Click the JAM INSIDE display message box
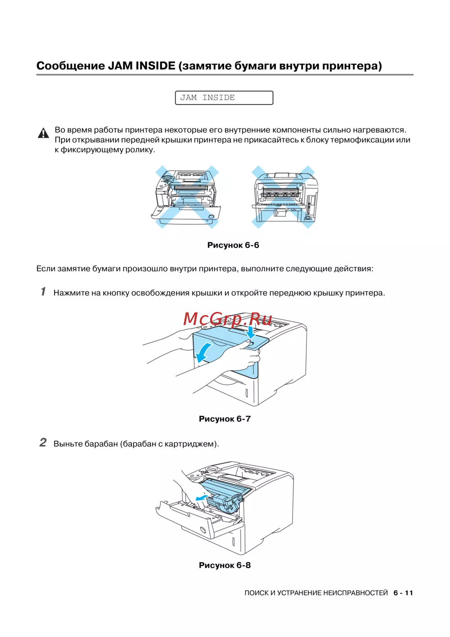pos(224,98)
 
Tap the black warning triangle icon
pos(43,133)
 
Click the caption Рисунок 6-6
pos(233,245)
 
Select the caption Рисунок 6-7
pos(225,419)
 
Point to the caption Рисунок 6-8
pos(225,565)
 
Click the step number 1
pos(43,292)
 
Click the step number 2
pos(43,443)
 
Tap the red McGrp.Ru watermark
pos(228,319)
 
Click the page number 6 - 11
pos(403,593)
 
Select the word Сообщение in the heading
pos(70,66)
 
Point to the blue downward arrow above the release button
pos(251,333)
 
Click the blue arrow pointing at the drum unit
pos(201,498)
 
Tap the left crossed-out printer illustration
pos(187,197)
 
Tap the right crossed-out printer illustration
pos(285,197)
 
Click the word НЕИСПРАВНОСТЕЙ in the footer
pos(355,593)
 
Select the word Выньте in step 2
pos(67,444)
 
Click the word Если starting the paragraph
pos(45,269)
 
